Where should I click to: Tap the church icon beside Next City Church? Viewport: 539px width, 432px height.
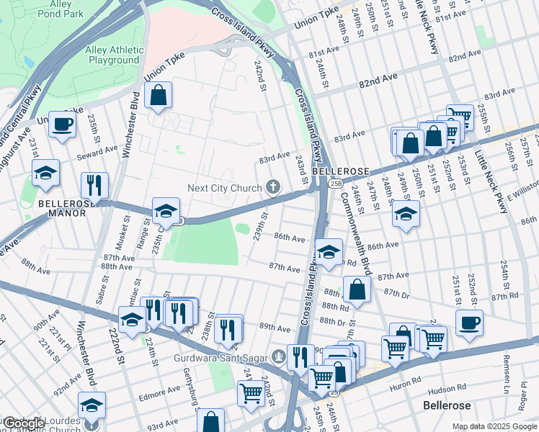(273, 188)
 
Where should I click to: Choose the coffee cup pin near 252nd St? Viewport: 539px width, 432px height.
(469, 323)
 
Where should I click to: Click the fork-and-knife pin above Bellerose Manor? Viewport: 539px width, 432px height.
(94, 185)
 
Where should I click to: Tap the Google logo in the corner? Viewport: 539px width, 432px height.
(23, 423)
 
